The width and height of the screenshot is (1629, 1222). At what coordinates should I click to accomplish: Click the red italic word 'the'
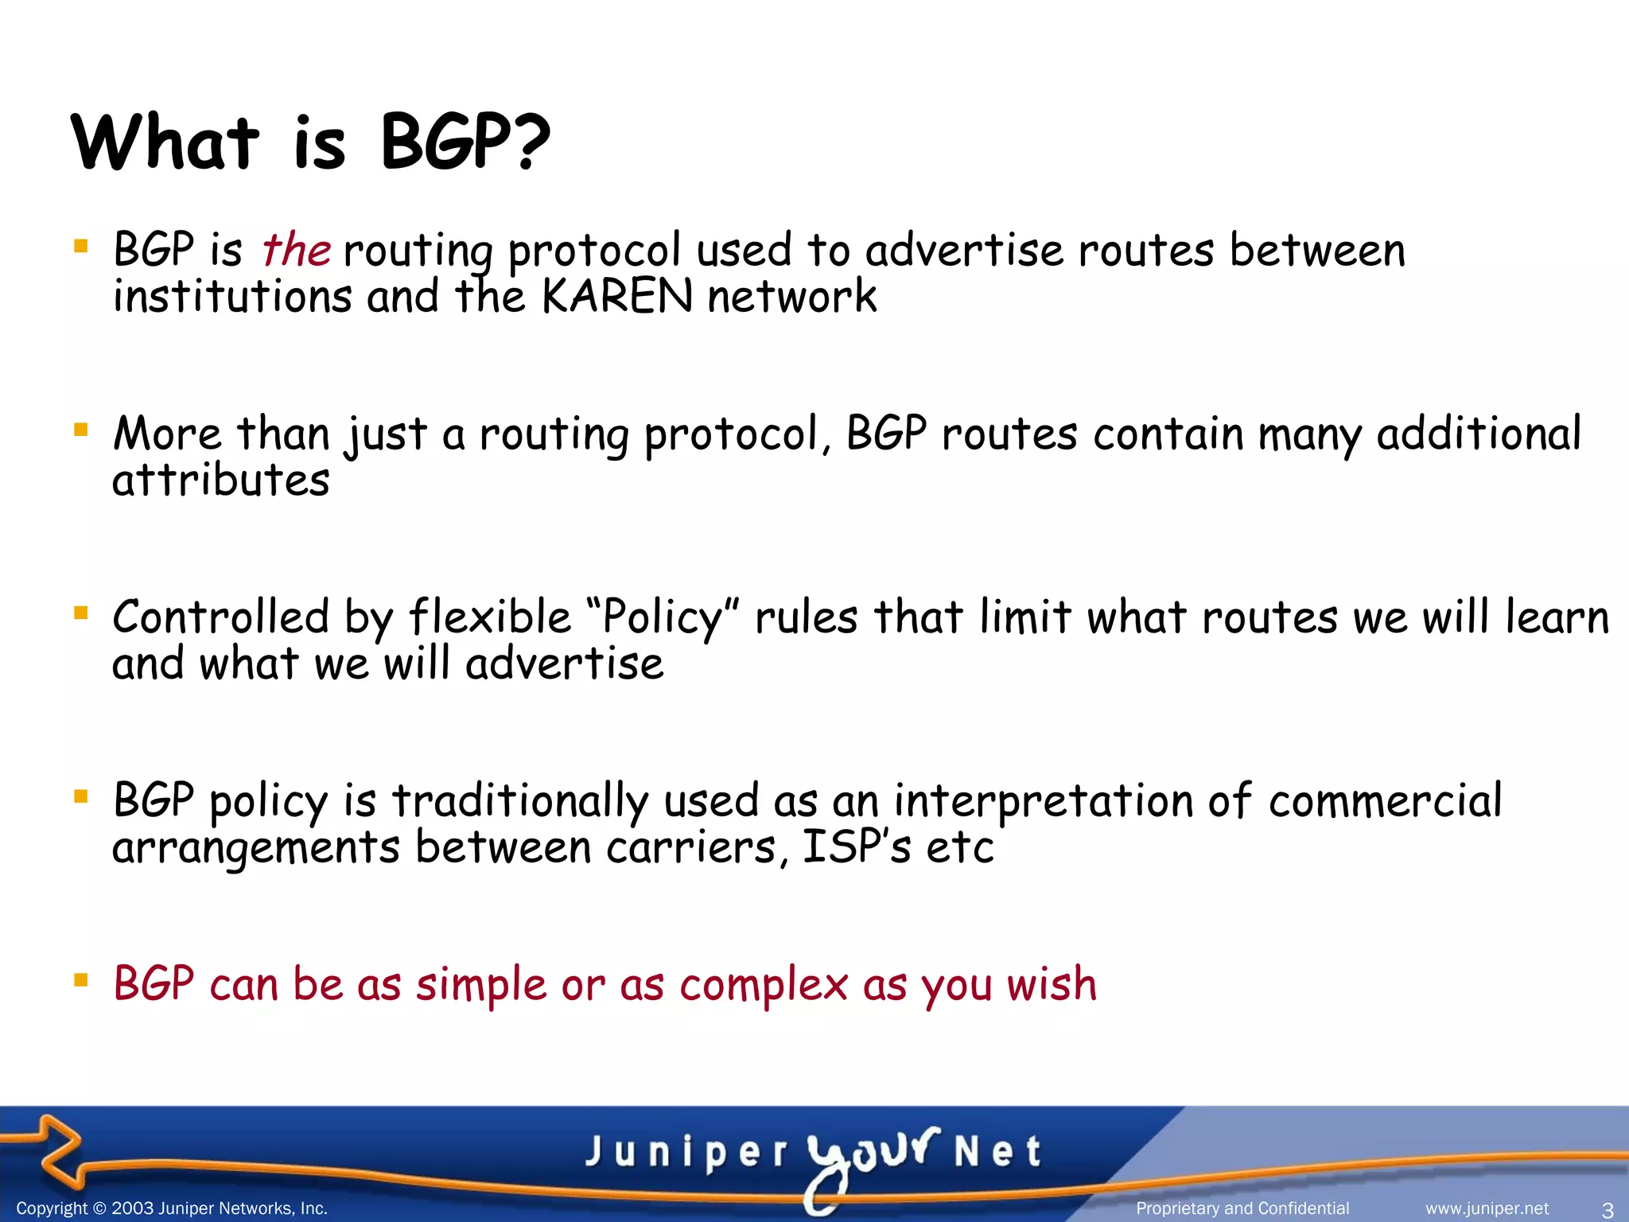click(x=296, y=250)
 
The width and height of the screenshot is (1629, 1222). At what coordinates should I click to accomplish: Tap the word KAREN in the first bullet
click(x=616, y=297)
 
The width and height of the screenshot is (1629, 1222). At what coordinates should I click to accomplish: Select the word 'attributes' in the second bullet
click(x=220, y=481)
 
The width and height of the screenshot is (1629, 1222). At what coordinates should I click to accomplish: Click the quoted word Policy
click(x=663, y=618)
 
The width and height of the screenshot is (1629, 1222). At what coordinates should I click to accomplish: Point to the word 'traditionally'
click(x=519, y=800)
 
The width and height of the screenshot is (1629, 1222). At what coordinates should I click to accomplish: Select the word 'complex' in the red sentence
click(x=764, y=984)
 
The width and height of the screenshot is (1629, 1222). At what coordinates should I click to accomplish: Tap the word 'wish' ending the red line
click(x=1052, y=984)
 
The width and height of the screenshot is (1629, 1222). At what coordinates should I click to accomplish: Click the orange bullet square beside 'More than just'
click(x=80, y=430)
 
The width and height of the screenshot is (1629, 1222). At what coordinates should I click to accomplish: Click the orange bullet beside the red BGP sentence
click(x=80, y=979)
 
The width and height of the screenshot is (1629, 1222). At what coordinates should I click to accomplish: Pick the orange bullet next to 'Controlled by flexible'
click(x=80, y=613)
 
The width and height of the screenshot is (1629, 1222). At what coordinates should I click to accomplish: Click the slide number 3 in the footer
click(x=1607, y=1210)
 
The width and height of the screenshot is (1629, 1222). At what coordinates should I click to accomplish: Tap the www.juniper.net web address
click(x=1487, y=1208)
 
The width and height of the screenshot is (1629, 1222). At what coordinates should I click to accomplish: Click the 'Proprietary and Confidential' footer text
click(x=1242, y=1208)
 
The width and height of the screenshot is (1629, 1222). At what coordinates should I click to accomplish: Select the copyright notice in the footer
click(x=172, y=1208)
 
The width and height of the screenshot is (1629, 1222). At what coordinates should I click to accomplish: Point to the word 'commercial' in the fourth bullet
click(x=1385, y=800)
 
